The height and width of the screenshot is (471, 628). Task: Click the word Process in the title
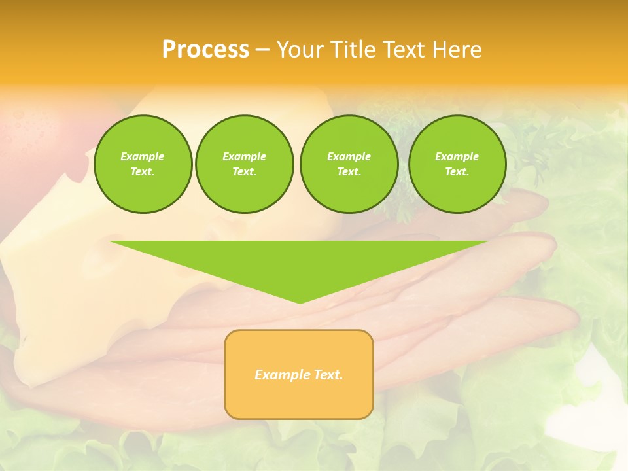click(x=205, y=50)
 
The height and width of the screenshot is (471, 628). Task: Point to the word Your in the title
click(x=298, y=50)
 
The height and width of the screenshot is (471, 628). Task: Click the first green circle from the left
click(x=143, y=164)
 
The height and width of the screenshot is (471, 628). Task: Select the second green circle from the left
click(x=244, y=164)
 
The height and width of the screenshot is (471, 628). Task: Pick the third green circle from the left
click(x=349, y=164)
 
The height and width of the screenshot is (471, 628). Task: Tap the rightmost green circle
click(x=457, y=164)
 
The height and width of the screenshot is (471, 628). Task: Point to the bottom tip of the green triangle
click(x=300, y=302)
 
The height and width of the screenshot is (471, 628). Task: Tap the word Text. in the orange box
click(x=328, y=375)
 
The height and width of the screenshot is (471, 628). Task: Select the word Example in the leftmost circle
click(x=143, y=156)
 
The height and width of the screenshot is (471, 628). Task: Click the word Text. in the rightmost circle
click(x=457, y=172)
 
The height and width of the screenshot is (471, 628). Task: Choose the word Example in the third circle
click(x=349, y=156)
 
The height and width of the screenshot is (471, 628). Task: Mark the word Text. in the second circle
click(x=244, y=172)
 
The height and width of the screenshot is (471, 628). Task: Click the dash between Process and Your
click(x=262, y=50)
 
